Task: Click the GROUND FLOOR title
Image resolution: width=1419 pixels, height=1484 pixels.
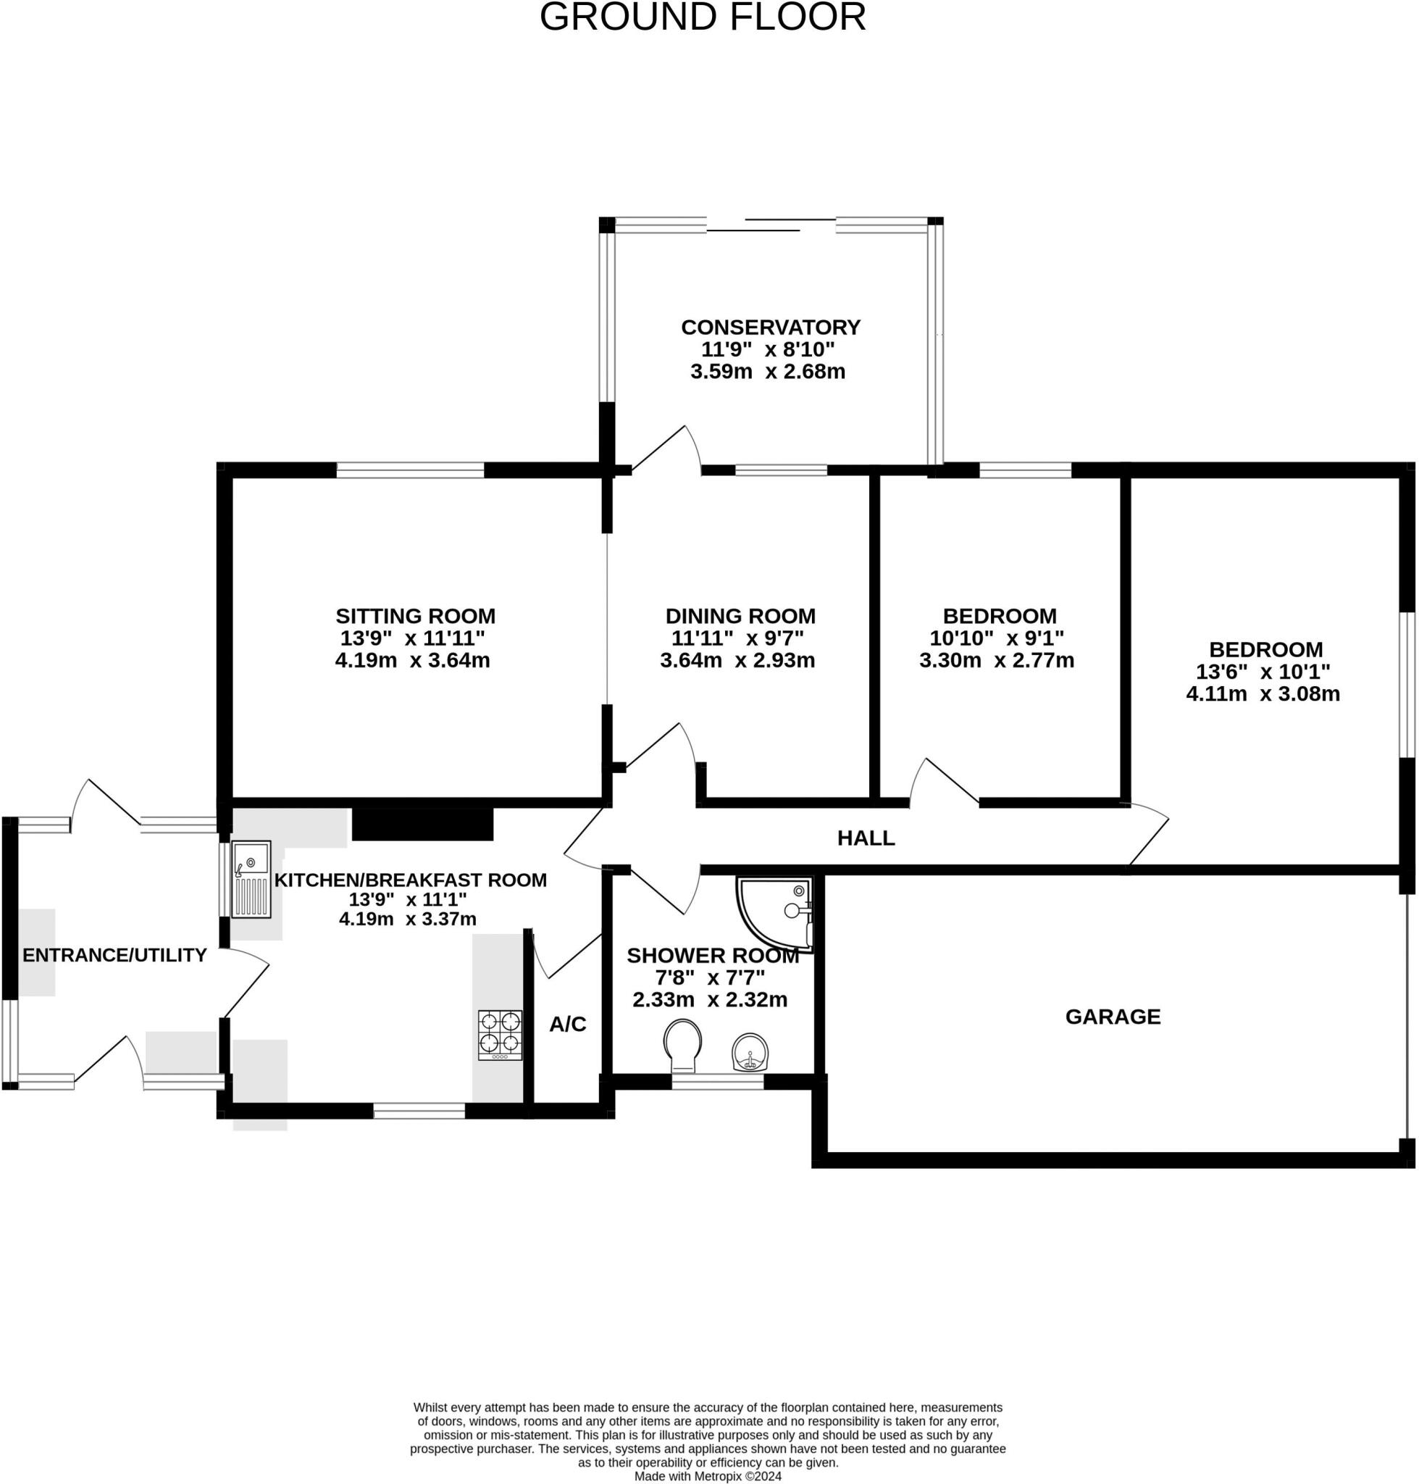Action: point(702,17)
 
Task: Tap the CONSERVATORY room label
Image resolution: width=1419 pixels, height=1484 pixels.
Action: point(771,327)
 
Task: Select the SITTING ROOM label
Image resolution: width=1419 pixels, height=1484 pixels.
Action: point(415,615)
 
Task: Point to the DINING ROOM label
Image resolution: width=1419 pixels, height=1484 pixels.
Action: point(740,615)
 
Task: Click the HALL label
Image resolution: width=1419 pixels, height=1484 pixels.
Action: point(866,838)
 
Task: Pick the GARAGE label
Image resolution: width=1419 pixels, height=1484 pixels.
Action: point(1113,1017)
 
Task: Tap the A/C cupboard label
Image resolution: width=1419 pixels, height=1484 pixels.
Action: point(568,1024)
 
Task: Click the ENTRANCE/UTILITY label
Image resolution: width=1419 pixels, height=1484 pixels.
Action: point(115,955)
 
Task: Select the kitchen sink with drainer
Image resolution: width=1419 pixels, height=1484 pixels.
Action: point(251,880)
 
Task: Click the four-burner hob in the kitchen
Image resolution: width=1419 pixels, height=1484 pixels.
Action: point(500,1035)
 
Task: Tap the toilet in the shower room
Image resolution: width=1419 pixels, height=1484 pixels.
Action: point(682,1046)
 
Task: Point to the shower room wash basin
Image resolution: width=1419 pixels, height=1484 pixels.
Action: point(750,1053)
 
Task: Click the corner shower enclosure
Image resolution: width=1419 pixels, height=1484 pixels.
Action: point(774,914)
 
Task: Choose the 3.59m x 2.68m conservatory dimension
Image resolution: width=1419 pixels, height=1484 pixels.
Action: point(768,372)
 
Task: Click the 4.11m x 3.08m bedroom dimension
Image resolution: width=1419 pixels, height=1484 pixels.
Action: point(1263,693)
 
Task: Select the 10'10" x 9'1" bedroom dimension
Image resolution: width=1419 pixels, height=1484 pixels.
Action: point(997,637)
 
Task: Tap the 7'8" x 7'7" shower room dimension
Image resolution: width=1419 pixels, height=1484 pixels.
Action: point(711,977)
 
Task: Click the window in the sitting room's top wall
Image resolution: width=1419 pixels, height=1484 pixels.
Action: point(410,470)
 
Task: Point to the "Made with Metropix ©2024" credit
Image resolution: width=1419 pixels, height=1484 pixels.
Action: point(708,1477)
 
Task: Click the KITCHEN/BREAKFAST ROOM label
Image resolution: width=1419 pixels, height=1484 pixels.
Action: point(411,880)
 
